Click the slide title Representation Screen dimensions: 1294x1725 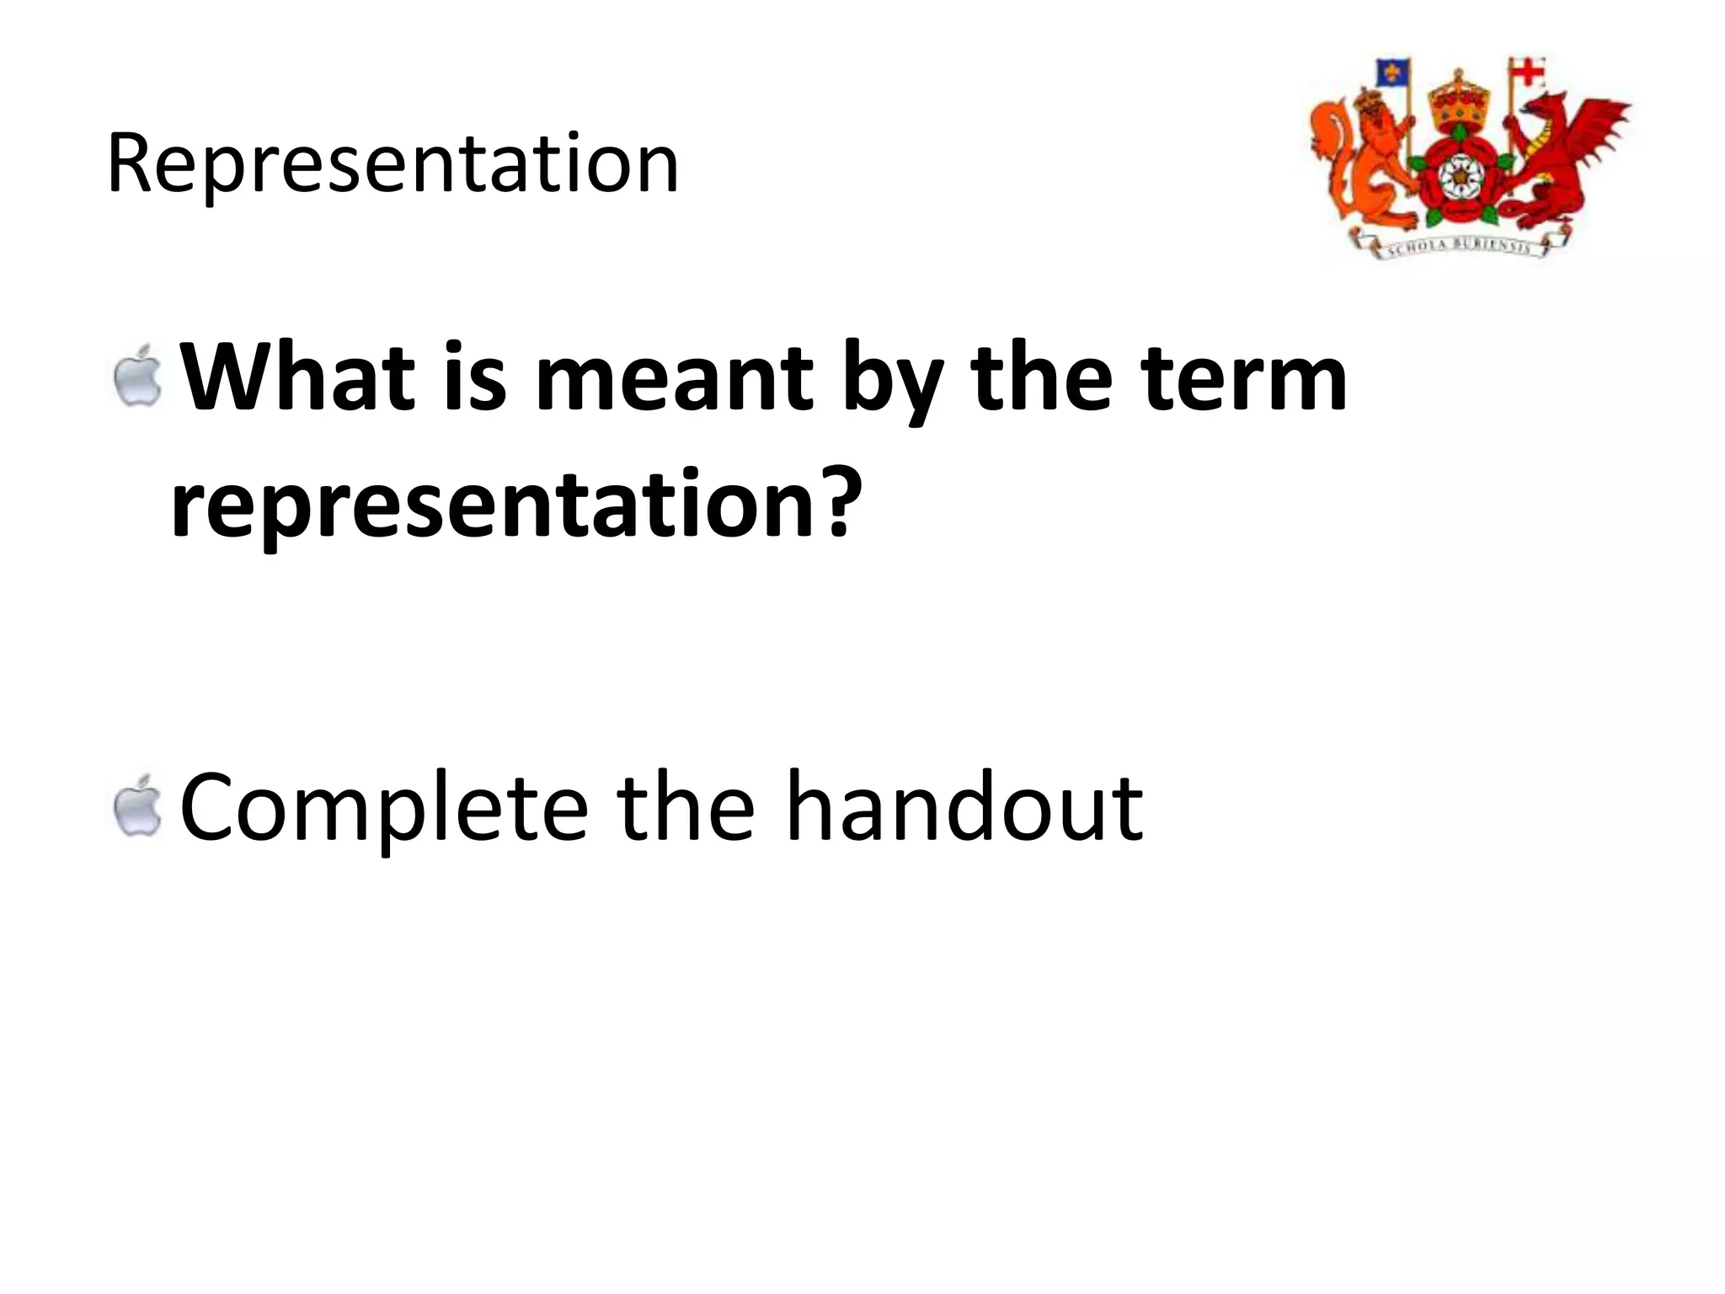click(x=393, y=163)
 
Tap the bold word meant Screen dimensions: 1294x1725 click(x=674, y=380)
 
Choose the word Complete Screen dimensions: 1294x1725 click(x=383, y=809)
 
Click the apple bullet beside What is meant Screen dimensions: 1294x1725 click(x=138, y=377)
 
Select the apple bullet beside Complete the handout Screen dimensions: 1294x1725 click(x=138, y=806)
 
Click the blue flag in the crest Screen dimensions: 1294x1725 click(x=1392, y=72)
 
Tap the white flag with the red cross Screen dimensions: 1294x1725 click(x=1529, y=72)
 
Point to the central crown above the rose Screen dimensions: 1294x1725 click(x=1455, y=102)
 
